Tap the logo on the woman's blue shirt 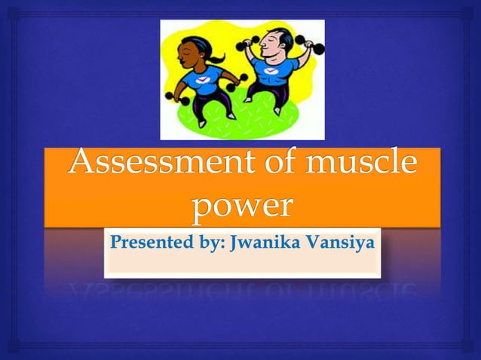click(x=202, y=79)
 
